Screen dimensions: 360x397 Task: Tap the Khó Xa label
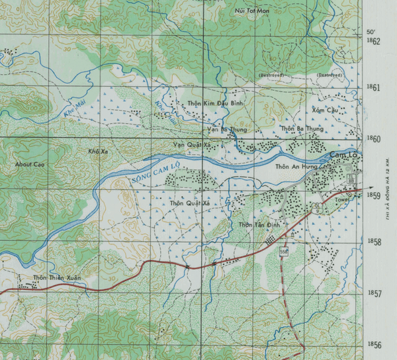tap(97, 152)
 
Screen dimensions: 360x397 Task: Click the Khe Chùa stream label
tap(161, 106)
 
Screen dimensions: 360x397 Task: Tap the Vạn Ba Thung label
tap(226, 129)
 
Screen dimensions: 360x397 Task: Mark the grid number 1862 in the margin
tap(374, 42)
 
